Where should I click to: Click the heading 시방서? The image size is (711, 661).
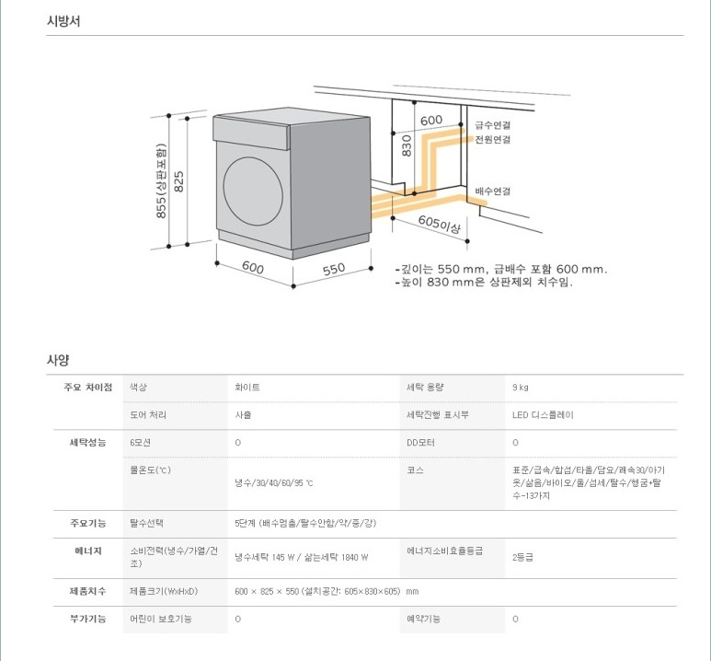tap(63, 21)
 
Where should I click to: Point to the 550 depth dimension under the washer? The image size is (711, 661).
tap(333, 269)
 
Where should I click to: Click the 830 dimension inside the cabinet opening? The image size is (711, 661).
tap(406, 148)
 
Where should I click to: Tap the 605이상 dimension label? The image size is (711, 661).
tap(440, 223)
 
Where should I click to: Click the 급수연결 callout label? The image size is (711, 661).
tap(493, 125)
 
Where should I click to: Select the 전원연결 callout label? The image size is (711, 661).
tap(493, 140)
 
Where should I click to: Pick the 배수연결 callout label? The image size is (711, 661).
tap(493, 191)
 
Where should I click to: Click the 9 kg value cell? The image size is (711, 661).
tap(521, 388)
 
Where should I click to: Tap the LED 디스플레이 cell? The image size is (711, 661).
tap(543, 415)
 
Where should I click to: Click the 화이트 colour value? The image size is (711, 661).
tap(247, 388)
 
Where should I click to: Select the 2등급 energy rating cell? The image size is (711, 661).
tap(522, 557)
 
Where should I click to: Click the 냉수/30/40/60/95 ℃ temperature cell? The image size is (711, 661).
tap(274, 482)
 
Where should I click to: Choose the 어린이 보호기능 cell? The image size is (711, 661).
tap(162, 619)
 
